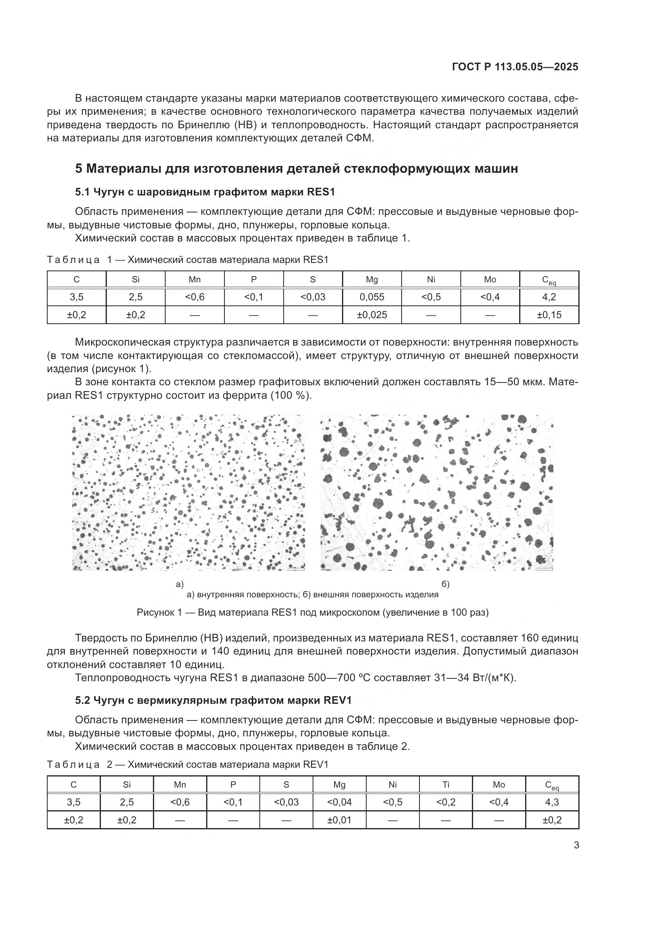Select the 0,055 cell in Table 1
click(371, 297)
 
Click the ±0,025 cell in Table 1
click(371, 315)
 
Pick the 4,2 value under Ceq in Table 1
click(549, 297)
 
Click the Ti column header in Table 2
click(445, 784)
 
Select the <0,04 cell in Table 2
click(339, 802)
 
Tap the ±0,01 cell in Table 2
click(339, 820)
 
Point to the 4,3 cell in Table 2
click(552, 802)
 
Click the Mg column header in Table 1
click(371, 280)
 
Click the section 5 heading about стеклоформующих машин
click(296, 168)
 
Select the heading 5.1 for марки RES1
click(205, 192)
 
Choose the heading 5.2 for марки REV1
click(213, 700)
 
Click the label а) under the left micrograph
click(180, 584)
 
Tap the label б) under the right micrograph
click(445, 584)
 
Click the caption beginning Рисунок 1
click(312, 612)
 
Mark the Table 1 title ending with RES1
click(187, 260)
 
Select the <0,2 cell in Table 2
click(445, 802)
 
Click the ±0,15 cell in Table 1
click(549, 315)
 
